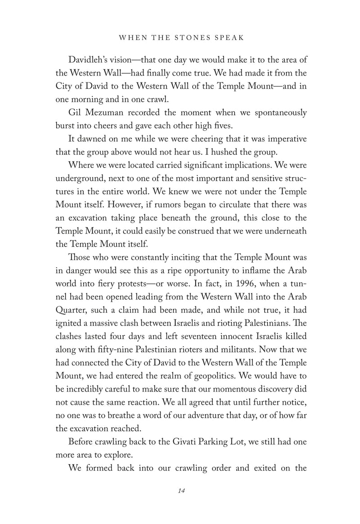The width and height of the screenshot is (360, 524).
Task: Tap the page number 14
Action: [181, 490]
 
